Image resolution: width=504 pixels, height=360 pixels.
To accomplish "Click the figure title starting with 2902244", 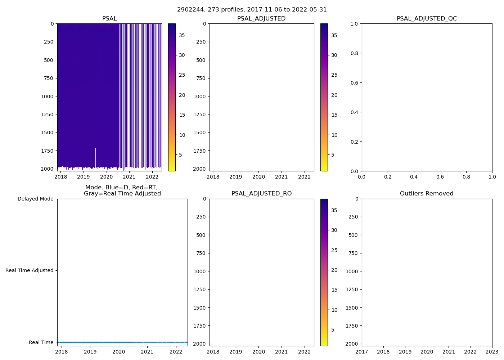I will [x=252, y=10].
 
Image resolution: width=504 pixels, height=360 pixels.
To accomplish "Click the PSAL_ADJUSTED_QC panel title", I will [x=427, y=19].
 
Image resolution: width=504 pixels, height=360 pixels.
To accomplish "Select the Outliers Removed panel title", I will [x=427, y=194].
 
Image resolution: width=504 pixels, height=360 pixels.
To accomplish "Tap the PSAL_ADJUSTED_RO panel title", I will [x=261, y=194].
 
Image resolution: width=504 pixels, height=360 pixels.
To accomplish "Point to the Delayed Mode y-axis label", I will [x=35, y=199].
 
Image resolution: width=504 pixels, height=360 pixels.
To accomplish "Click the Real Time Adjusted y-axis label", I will [x=29, y=270].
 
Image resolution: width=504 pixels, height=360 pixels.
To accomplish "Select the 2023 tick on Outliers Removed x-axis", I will [x=492, y=352].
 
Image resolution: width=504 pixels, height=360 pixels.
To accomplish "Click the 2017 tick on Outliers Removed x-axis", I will [x=362, y=352].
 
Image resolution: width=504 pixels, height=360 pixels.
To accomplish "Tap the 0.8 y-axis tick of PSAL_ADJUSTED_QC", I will [x=355, y=53].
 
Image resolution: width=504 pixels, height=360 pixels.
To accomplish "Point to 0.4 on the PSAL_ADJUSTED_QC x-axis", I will [x=414, y=177].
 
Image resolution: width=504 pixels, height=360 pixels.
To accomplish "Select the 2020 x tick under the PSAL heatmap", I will [x=106, y=177].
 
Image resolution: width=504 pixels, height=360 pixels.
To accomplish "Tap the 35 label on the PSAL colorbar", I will [x=182, y=35].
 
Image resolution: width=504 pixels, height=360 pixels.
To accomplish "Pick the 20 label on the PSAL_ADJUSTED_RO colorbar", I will [x=334, y=270].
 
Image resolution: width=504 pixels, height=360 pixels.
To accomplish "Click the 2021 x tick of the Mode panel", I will [x=147, y=352].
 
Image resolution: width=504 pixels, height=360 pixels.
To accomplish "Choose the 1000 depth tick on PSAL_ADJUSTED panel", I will [x=200, y=96].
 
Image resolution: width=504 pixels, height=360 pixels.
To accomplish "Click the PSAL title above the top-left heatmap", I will [x=109, y=19].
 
